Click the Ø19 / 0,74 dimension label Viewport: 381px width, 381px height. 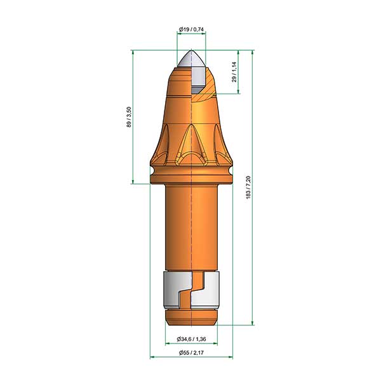192,29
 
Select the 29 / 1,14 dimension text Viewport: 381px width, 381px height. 234,72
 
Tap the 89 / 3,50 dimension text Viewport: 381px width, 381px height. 129,117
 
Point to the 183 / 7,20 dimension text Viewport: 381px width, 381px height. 248,187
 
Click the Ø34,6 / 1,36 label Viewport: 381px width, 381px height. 192,338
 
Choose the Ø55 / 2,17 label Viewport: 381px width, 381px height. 192,352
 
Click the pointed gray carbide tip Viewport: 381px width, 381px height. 192,59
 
